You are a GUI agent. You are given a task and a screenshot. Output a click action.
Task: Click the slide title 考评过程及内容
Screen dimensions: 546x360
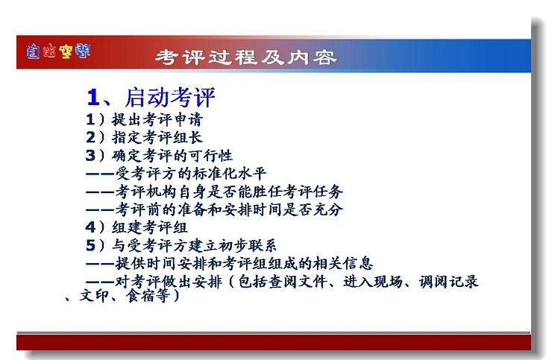pyautogui.click(x=246, y=57)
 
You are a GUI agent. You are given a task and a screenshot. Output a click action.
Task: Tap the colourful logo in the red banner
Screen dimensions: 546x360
pyautogui.click(x=58, y=51)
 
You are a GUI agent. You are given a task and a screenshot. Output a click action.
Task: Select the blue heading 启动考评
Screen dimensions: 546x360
pyautogui.click(x=170, y=97)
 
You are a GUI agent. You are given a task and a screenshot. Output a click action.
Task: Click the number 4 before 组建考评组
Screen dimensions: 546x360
pyautogui.click(x=90, y=227)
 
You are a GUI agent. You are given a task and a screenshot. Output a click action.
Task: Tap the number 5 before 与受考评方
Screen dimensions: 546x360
pyautogui.click(x=90, y=245)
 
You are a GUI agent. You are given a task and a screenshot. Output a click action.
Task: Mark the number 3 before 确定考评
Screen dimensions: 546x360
pyautogui.click(x=90, y=155)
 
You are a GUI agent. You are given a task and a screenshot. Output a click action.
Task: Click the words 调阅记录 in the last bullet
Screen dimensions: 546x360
pyautogui.click(x=448, y=282)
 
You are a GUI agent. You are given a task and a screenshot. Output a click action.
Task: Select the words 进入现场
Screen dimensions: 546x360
pyautogui.click(x=373, y=282)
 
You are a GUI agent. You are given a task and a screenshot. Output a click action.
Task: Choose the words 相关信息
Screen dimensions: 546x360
pyautogui.click(x=343, y=263)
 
